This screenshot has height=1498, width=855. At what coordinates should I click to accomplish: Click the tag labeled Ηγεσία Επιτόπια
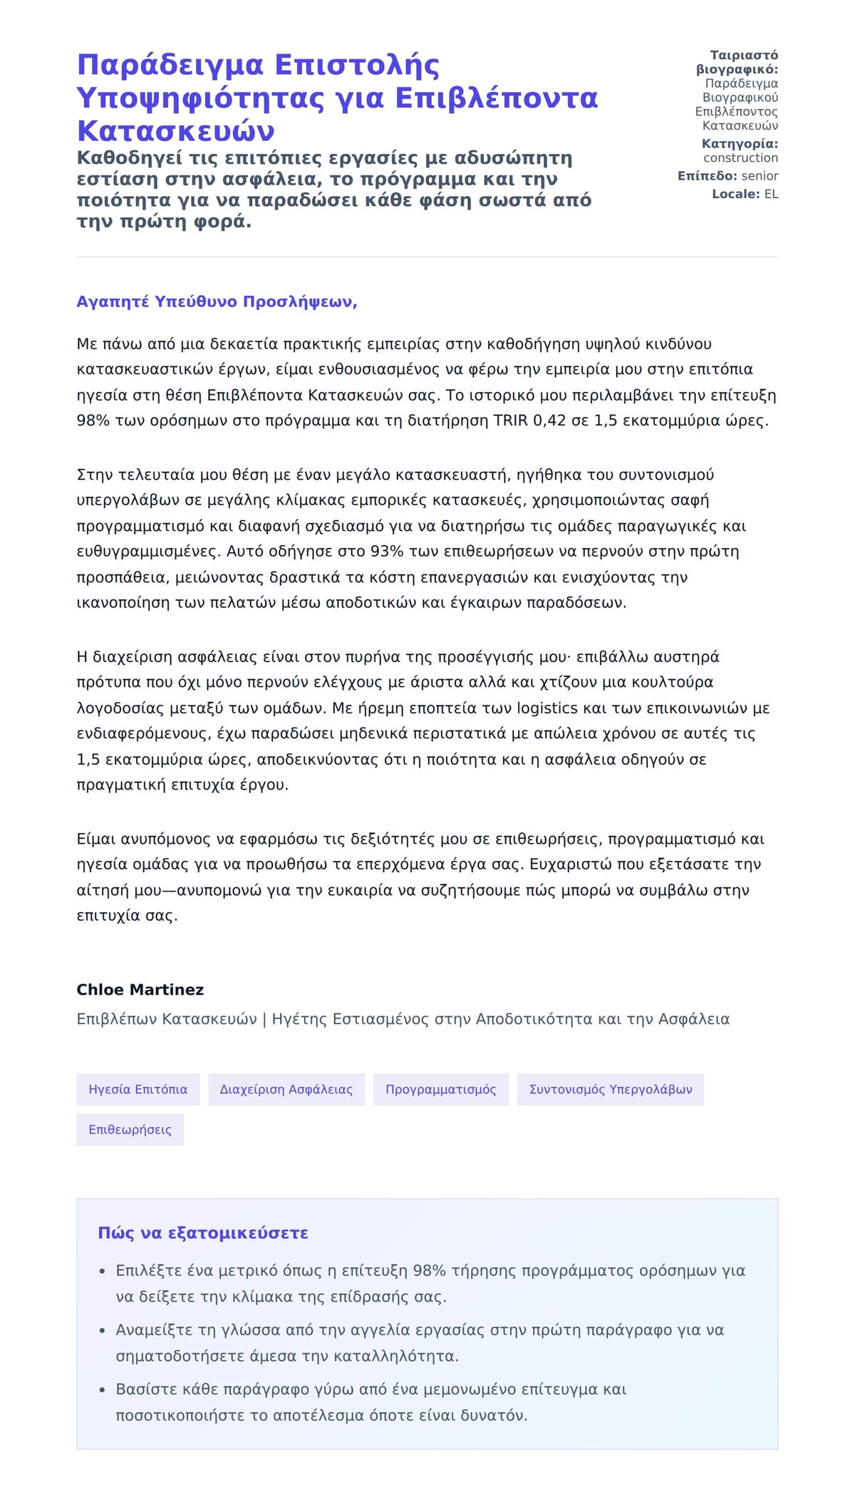(x=138, y=1089)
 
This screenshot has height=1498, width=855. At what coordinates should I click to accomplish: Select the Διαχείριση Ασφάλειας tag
(x=286, y=1089)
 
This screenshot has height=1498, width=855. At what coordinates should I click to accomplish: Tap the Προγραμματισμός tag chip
(x=440, y=1089)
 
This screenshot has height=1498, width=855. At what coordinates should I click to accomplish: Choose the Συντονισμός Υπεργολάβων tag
(x=610, y=1089)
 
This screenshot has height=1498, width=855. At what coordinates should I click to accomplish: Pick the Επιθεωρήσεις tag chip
(x=130, y=1130)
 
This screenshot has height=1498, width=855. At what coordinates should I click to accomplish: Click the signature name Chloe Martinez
(x=140, y=989)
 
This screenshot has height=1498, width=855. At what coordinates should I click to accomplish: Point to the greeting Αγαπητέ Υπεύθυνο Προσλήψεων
(x=217, y=301)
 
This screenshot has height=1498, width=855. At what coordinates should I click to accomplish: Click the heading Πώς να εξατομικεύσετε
(x=203, y=1233)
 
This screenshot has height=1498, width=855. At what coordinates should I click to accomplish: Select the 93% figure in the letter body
(x=385, y=552)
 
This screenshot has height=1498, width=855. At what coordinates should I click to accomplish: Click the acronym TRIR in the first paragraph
(x=510, y=420)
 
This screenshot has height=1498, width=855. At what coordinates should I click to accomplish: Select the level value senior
(x=760, y=176)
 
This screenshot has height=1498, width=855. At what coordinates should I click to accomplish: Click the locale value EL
(x=771, y=194)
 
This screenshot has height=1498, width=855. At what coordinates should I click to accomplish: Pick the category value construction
(x=740, y=158)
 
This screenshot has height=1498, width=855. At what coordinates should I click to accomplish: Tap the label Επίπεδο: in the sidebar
(x=707, y=176)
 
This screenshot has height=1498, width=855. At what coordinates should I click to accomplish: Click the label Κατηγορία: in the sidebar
(x=740, y=144)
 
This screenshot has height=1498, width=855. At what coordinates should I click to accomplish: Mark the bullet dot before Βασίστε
(x=102, y=1390)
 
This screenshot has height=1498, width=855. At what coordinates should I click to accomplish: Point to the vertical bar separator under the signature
(x=264, y=1019)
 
